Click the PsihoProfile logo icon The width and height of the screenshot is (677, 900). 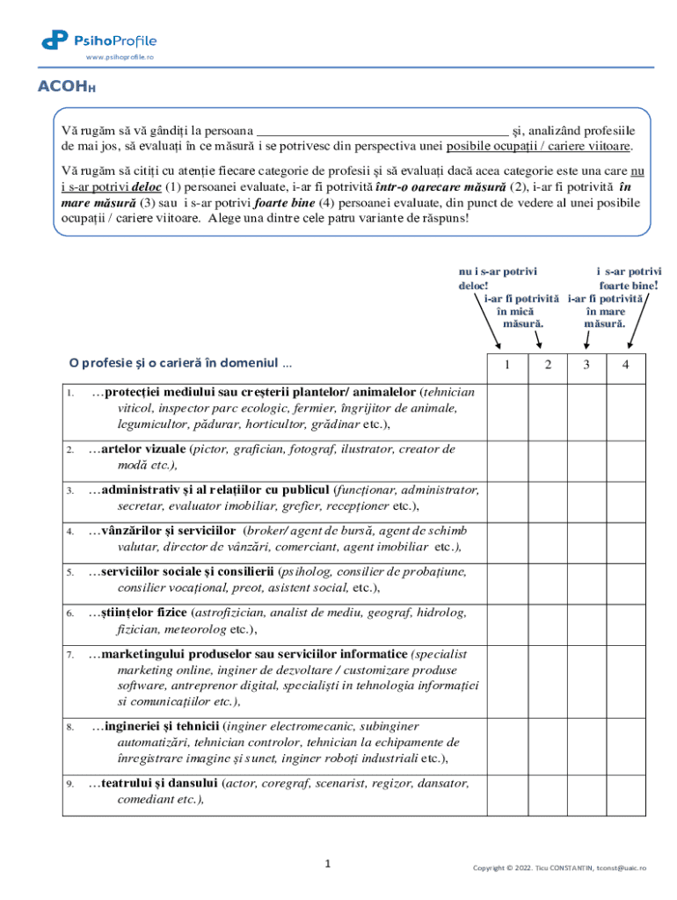(55, 39)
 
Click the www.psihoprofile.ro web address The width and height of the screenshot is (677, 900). (120, 56)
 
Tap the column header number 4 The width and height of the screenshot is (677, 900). (626, 366)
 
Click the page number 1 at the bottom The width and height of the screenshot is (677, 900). (328, 865)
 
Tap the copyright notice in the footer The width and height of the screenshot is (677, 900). (559, 867)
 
